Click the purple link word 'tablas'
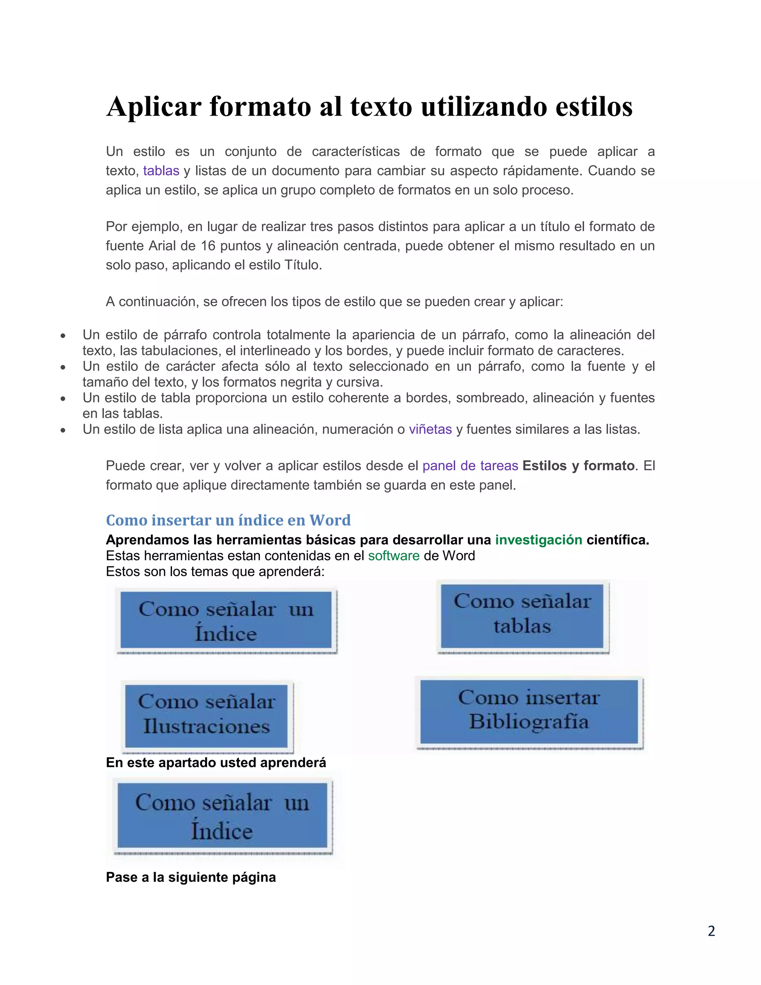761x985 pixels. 161,171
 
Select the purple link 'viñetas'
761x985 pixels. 430,429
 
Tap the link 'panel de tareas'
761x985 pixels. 470,466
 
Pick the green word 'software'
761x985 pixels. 394,556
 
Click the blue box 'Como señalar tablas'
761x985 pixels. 522,616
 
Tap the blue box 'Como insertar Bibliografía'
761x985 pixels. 529,712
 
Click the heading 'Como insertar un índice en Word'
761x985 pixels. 228,520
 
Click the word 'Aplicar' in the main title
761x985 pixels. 154,107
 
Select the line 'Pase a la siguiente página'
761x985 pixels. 191,877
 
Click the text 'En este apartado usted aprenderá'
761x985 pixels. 216,763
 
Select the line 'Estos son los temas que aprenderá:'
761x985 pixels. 215,571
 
